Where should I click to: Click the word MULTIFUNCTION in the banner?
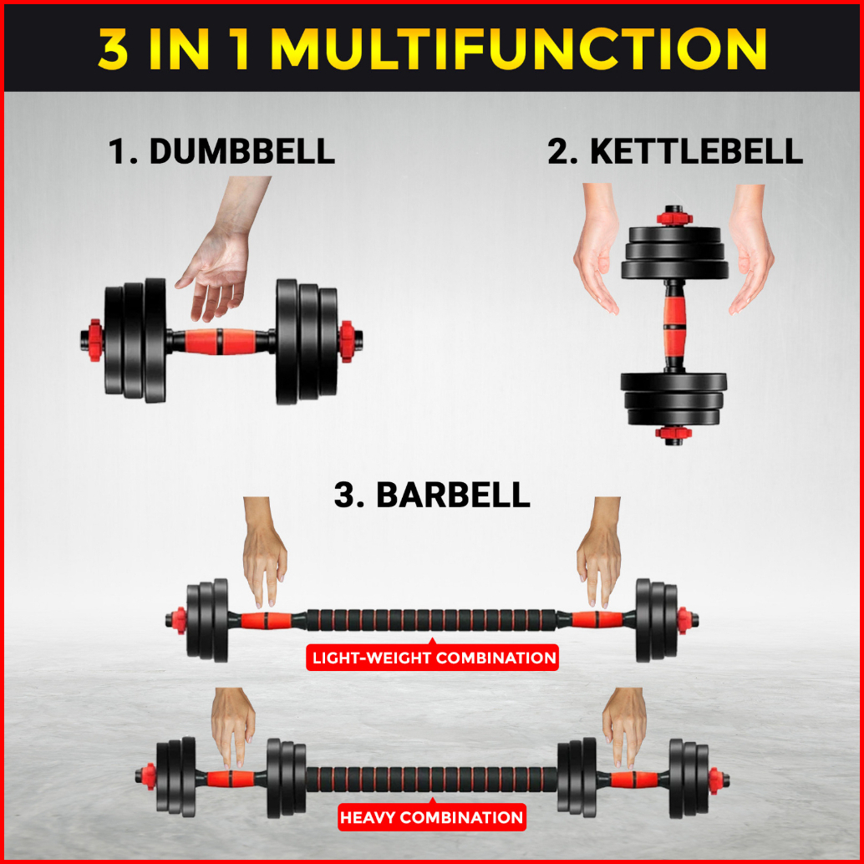click(x=519, y=48)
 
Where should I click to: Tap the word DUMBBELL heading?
click(x=241, y=151)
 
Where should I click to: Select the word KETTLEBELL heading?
click(x=697, y=151)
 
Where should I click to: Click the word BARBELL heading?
click(x=453, y=495)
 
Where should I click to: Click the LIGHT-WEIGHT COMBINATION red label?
click(x=433, y=658)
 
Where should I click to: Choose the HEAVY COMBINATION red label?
click(x=432, y=816)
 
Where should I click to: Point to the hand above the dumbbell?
click(x=221, y=248)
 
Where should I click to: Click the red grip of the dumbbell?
click(x=220, y=342)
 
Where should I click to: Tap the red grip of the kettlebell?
click(x=674, y=326)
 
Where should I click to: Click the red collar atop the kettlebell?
click(x=673, y=216)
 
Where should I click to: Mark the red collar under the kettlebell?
click(x=673, y=434)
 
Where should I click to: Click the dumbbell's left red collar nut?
click(x=94, y=340)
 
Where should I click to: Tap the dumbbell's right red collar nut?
click(x=347, y=342)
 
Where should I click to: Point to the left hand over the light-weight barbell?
click(x=265, y=551)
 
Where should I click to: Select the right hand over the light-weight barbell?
click(x=599, y=551)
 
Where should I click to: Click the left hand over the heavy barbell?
click(x=233, y=727)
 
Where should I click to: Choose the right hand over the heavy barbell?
click(x=625, y=727)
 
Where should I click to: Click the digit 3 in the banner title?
click(x=114, y=48)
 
